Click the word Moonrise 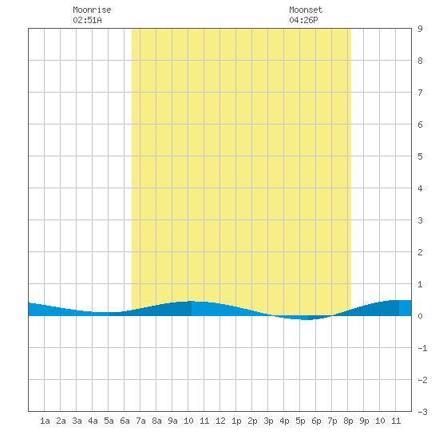tap(92, 10)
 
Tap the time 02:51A tap(87, 20)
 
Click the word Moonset tap(306, 10)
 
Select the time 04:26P tap(303, 20)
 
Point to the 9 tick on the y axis tap(420, 29)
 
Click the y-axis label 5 tap(420, 156)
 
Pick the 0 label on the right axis tap(420, 316)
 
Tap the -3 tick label tap(422, 412)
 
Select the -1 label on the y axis tap(422, 348)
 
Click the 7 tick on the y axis tap(420, 93)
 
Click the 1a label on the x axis tap(45, 421)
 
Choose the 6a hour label tap(125, 421)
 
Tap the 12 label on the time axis tap(220, 421)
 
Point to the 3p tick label tap(268, 421)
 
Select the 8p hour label tap(348, 421)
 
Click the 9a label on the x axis tap(172, 421)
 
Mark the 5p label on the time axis tap(300, 421)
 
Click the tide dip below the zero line tap(304, 318)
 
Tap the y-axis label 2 tap(420, 252)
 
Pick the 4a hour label tap(93, 421)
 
